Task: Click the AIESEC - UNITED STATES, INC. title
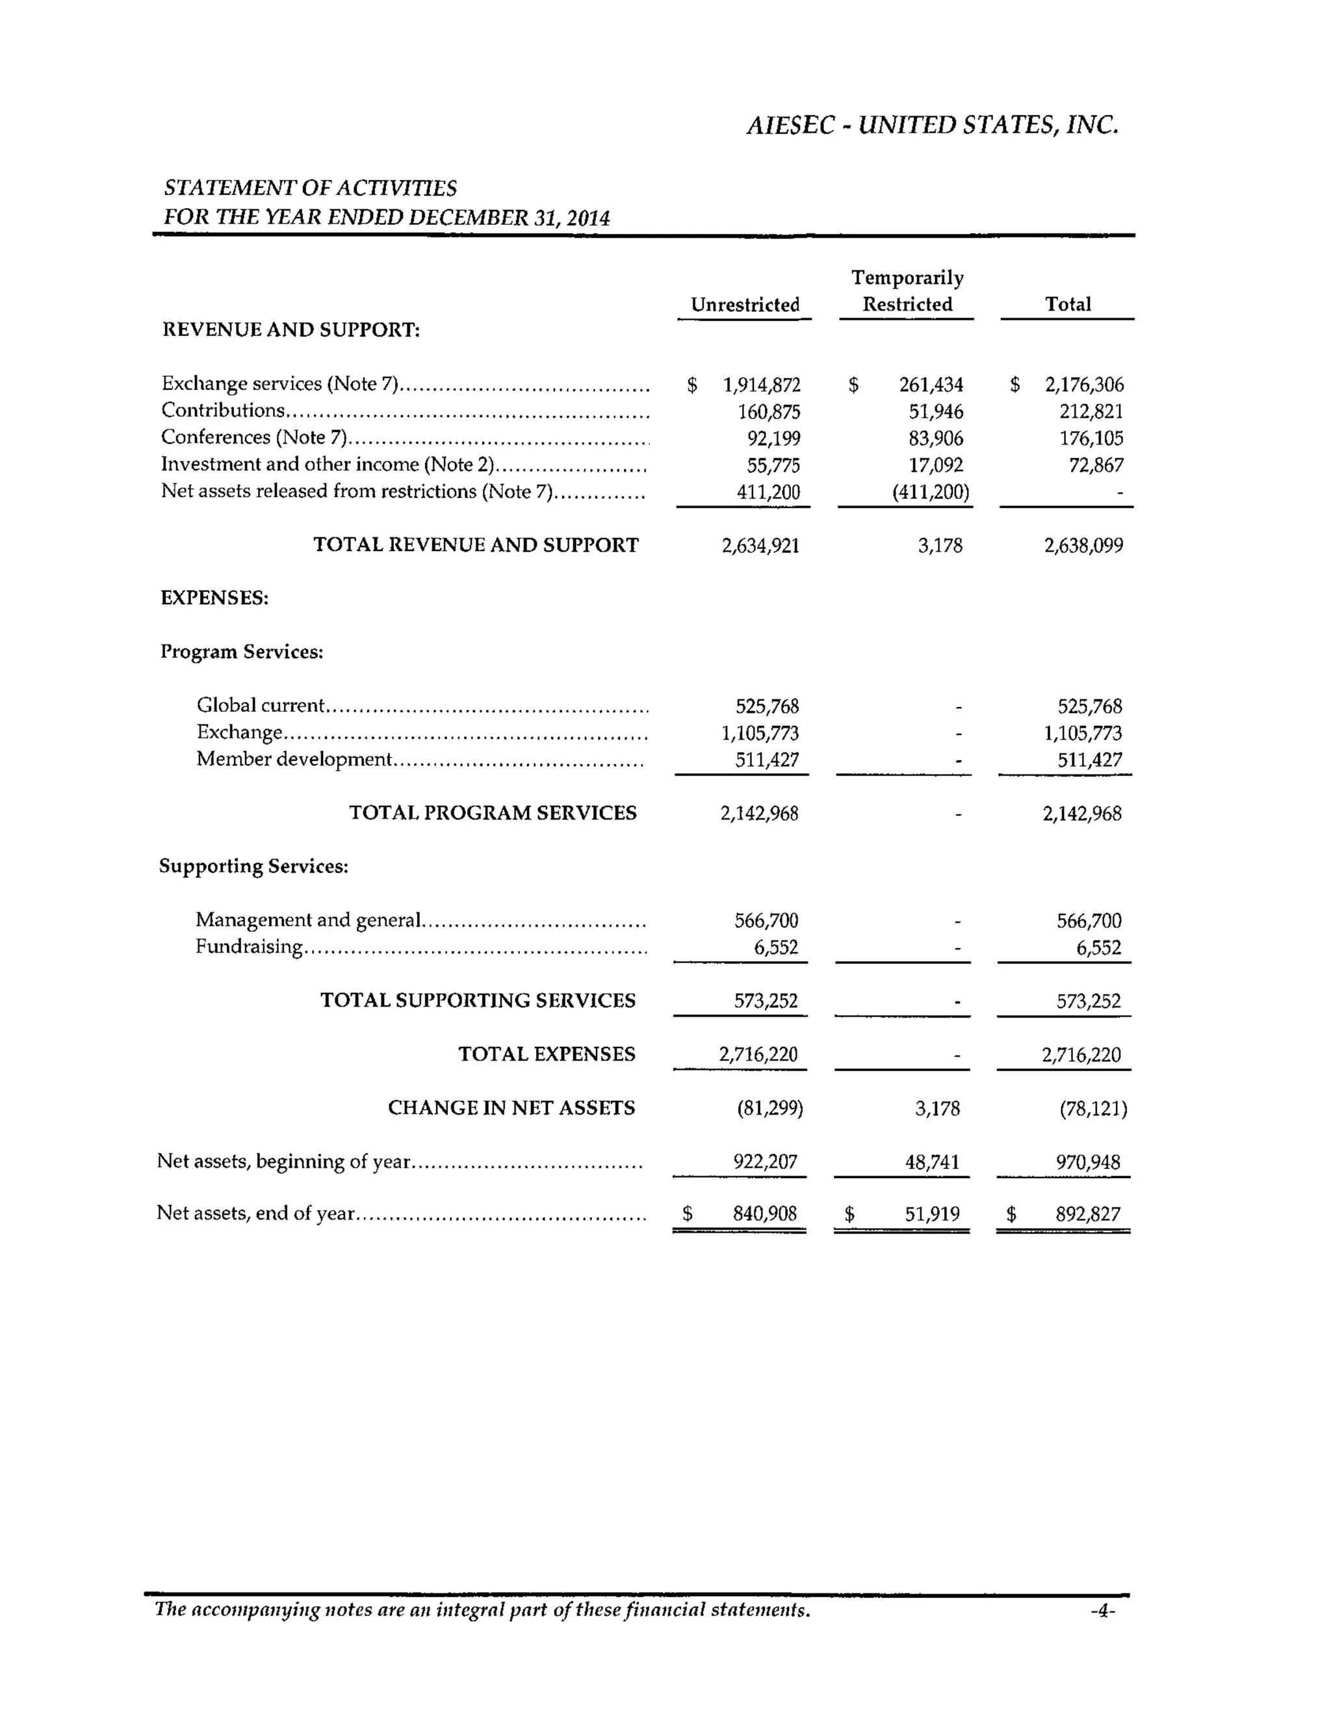tap(932, 125)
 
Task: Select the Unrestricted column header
tap(744, 305)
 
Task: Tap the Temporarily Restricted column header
tap(907, 291)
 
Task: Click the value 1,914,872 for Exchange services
tap(761, 385)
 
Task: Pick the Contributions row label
tap(222, 411)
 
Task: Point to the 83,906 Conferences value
tap(935, 439)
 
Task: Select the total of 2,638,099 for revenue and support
tap(1083, 546)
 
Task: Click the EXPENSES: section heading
tap(214, 598)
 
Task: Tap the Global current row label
tap(260, 706)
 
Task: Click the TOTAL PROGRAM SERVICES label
tap(493, 813)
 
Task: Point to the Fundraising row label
tap(248, 947)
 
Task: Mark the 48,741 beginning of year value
tap(932, 1163)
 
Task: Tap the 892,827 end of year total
tap(1087, 1214)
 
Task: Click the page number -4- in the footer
tap(1102, 1611)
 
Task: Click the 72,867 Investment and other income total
tap(1095, 465)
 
